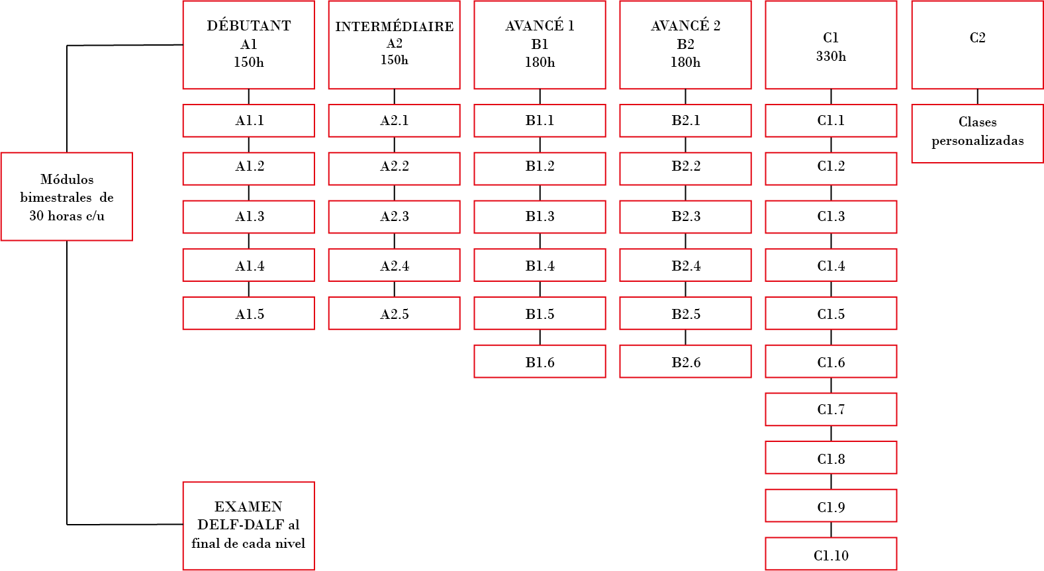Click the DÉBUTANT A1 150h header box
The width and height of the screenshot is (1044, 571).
(248, 45)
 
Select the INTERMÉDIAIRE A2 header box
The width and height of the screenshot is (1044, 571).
(395, 45)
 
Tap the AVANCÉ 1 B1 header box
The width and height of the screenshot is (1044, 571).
(540, 45)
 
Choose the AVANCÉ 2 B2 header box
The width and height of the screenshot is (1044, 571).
(685, 45)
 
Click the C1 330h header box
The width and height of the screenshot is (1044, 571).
(831, 45)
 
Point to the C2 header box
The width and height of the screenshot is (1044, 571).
(977, 45)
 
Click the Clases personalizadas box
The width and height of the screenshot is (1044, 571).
(977, 134)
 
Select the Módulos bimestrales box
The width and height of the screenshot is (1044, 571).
(67, 197)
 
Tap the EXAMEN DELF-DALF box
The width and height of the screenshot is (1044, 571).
(248, 526)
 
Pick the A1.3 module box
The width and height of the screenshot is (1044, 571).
(248, 217)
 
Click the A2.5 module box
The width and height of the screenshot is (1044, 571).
(395, 314)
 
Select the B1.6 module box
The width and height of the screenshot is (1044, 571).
(540, 361)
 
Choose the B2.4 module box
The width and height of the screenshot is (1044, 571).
(685, 265)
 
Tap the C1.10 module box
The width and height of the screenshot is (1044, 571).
(831, 554)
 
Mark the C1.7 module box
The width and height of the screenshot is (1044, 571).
(831, 410)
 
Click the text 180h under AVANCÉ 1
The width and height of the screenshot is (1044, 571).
(540, 62)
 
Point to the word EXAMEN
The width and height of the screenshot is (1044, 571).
(248, 506)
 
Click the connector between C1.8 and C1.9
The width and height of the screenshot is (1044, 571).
(831, 482)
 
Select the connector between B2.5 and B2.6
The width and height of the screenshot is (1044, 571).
(685, 337)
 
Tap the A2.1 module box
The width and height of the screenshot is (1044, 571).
(395, 120)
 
